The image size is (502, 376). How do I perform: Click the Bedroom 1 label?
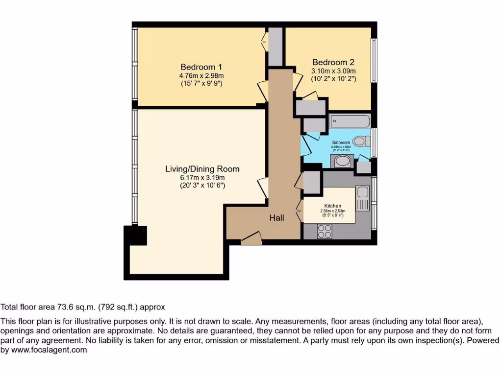coord(201,67)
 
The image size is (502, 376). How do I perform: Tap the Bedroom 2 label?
coord(333,62)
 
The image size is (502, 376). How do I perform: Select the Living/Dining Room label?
coord(202,169)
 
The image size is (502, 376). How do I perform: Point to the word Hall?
coord(276,218)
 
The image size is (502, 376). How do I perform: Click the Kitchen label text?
coord(332,206)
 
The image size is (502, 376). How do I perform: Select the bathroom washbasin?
coord(345,161)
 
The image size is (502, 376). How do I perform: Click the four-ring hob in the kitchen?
coord(325,231)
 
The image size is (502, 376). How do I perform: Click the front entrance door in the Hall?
coord(251,239)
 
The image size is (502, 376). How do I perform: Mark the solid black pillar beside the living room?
coord(136,235)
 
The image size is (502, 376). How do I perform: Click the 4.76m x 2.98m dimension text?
coord(201,75)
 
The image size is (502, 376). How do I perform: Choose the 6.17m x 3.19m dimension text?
coord(202,178)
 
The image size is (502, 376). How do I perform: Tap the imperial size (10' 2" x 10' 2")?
coord(333,78)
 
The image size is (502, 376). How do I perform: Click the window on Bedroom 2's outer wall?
coord(374,60)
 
